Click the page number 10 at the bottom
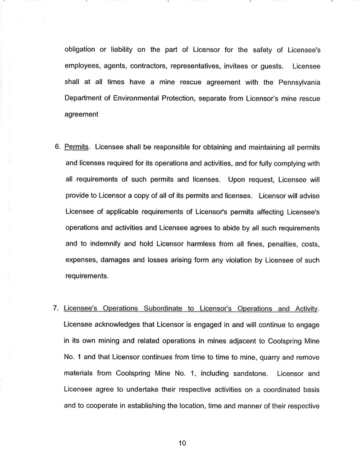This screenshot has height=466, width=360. [x=182, y=443]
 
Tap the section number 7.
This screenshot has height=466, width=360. [x=56, y=309]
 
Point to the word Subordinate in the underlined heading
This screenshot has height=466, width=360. [x=162, y=309]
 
